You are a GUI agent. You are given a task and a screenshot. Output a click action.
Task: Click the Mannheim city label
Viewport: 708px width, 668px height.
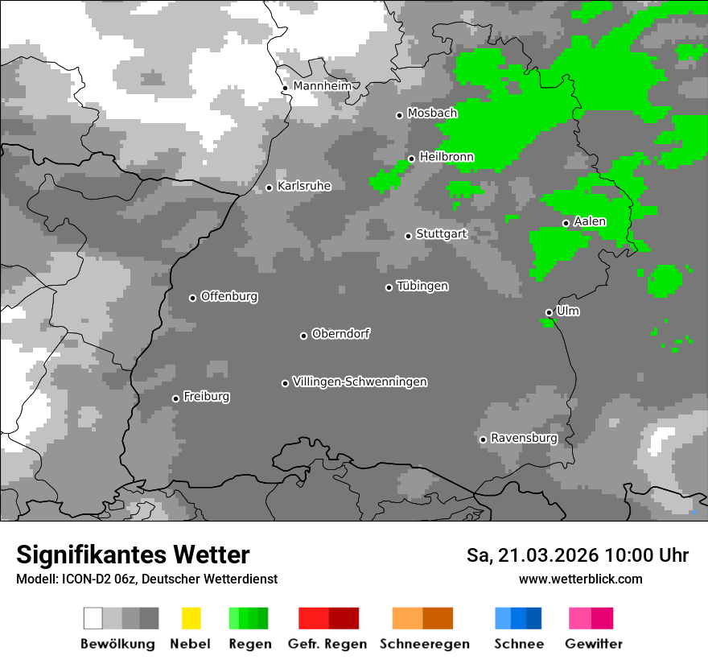[x=322, y=85]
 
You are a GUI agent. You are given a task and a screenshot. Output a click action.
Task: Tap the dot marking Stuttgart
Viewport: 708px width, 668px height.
[x=408, y=236]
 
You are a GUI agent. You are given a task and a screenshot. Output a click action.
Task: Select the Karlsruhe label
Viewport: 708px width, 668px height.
[x=303, y=186]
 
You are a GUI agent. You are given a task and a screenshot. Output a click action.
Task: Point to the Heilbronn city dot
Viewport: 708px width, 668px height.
[x=411, y=159]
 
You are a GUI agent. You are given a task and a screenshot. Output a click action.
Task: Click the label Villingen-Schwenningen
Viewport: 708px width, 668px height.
[x=360, y=381]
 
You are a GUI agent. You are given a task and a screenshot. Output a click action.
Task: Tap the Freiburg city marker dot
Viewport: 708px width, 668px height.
[x=175, y=398]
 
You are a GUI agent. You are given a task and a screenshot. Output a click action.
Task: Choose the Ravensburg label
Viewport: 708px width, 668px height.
[x=524, y=438]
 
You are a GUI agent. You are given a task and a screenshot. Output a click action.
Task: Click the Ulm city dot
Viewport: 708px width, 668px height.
[x=549, y=312]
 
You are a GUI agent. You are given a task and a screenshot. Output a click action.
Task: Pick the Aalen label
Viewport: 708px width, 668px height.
[x=590, y=221]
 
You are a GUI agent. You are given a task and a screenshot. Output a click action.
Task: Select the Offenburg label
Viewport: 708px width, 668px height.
[x=228, y=296]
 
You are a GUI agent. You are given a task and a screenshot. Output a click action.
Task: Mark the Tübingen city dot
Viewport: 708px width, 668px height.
[x=389, y=287]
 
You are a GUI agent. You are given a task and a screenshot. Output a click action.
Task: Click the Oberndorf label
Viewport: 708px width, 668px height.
[x=340, y=334]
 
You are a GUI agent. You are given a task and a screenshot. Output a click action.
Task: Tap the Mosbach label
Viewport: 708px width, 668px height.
[x=431, y=113]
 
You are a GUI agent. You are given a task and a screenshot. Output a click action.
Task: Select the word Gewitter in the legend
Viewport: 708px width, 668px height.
[x=593, y=644]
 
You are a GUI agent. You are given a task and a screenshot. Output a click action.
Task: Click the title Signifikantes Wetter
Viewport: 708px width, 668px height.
[x=133, y=555]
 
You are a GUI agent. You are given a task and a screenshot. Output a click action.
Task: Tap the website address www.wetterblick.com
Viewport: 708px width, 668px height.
[x=580, y=579]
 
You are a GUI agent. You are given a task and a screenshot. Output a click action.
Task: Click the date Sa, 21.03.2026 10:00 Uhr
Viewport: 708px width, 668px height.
[x=577, y=555]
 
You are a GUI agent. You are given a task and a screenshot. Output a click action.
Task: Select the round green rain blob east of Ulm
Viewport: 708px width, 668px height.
[x=665, y=281]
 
